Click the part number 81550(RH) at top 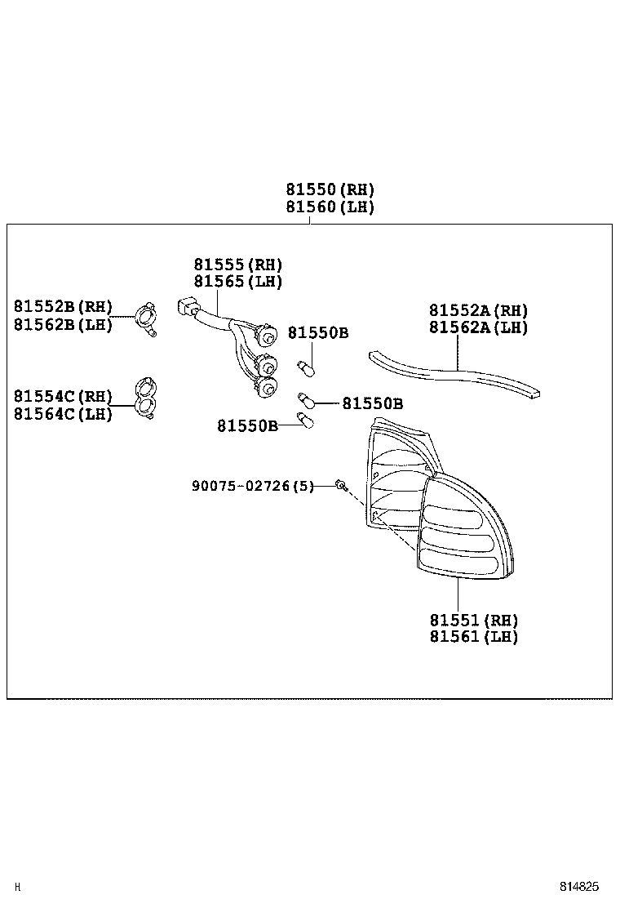click(330, 190)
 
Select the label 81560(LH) click(330, 207)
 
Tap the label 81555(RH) click(237, 265)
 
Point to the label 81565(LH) click(237, 282)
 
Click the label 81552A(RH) click(479, 310)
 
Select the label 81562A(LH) click(479, 327)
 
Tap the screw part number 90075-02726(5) click(252, 486)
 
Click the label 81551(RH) click(474, 620)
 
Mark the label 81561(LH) click(474, 637)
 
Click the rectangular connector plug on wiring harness click(186, 308)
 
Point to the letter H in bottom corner click(18, 886)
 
